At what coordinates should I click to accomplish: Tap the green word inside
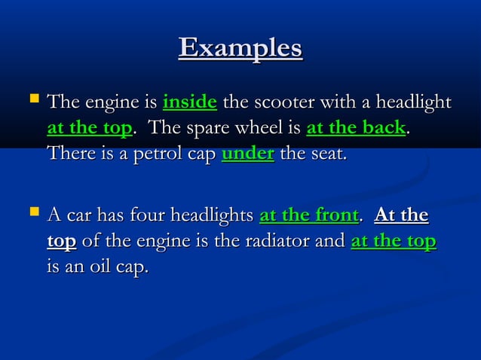point(190,102)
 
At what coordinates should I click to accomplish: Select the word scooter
point(287,102)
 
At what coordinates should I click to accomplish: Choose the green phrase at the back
point(356,128)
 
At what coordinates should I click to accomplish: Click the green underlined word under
point(248,154)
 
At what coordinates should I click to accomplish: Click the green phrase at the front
point(308,217)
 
